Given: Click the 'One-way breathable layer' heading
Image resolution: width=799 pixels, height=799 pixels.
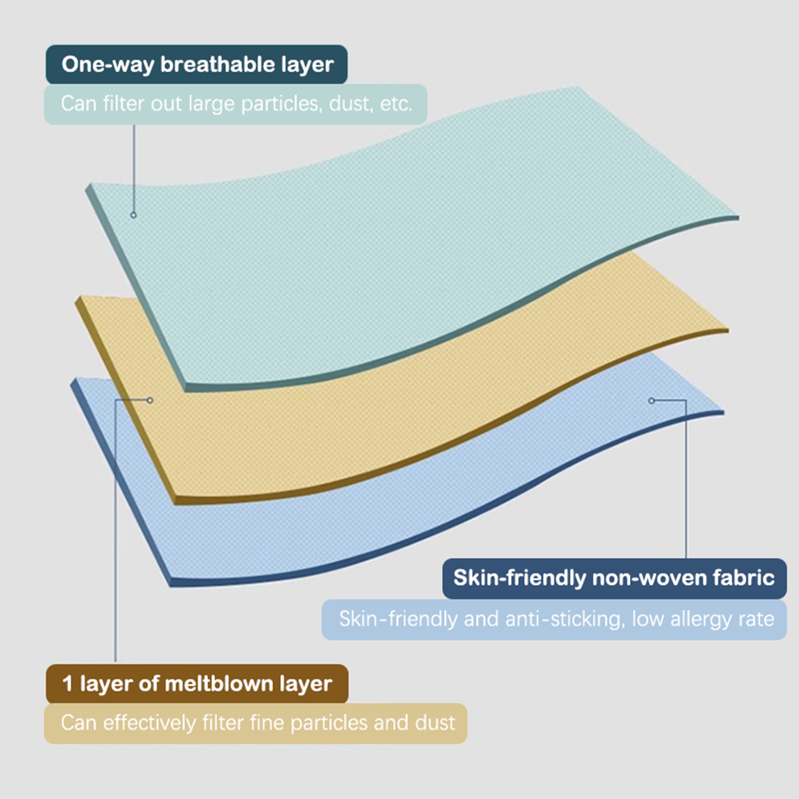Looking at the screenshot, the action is pos(197,64).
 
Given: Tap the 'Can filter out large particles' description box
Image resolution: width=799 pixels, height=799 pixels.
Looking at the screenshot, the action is pos(236,104).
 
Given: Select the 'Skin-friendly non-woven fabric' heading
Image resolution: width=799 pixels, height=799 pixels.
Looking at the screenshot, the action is pos(614,578).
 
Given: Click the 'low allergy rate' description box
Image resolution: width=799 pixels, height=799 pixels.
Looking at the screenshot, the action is pos(554,620).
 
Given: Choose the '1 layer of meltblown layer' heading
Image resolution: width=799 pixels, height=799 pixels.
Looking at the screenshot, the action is pos(197,684).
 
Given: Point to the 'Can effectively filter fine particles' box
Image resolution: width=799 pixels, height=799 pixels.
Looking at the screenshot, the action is pos(256,724).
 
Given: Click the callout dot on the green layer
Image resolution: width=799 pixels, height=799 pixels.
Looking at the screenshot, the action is pos(133,215).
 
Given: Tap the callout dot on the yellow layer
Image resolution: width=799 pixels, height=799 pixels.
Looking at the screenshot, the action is pos(150,400).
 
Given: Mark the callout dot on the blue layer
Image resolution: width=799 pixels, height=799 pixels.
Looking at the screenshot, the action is pos(651,400).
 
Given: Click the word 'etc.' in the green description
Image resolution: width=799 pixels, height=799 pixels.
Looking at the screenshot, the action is pos(396,104).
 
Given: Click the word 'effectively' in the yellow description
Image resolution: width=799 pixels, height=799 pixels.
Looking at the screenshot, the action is pos(149,723).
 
